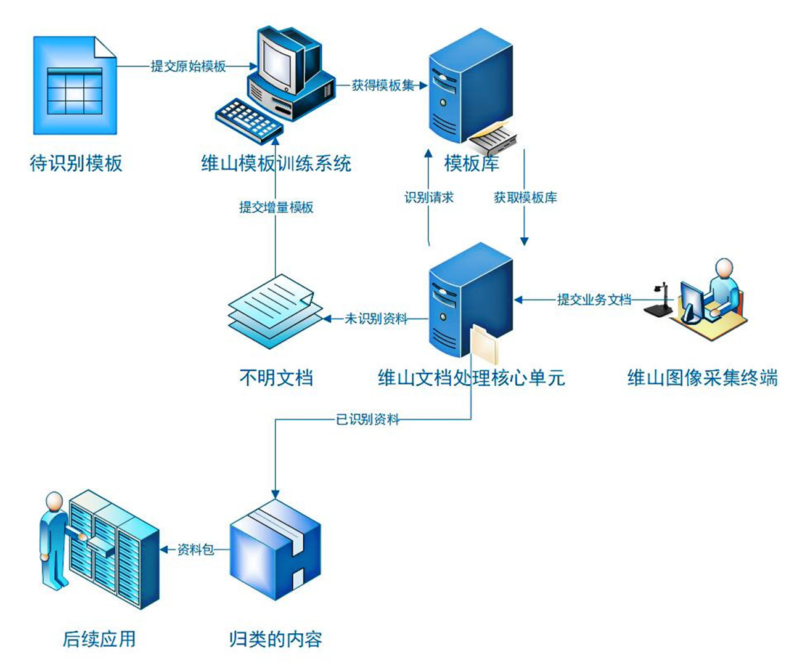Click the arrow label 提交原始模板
[188, 67]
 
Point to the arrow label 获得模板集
[383, 86]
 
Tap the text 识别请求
[429, 198]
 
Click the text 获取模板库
[525, 198]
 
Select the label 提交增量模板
[276, 208]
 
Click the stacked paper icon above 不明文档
[274, 311]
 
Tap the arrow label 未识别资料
[375, 318]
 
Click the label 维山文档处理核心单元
[471, 378]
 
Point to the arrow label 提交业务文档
[594, 300]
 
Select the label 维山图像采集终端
[702, 378]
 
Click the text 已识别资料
[367, 419]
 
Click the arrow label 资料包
[195, 549]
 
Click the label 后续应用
[99, 639]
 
